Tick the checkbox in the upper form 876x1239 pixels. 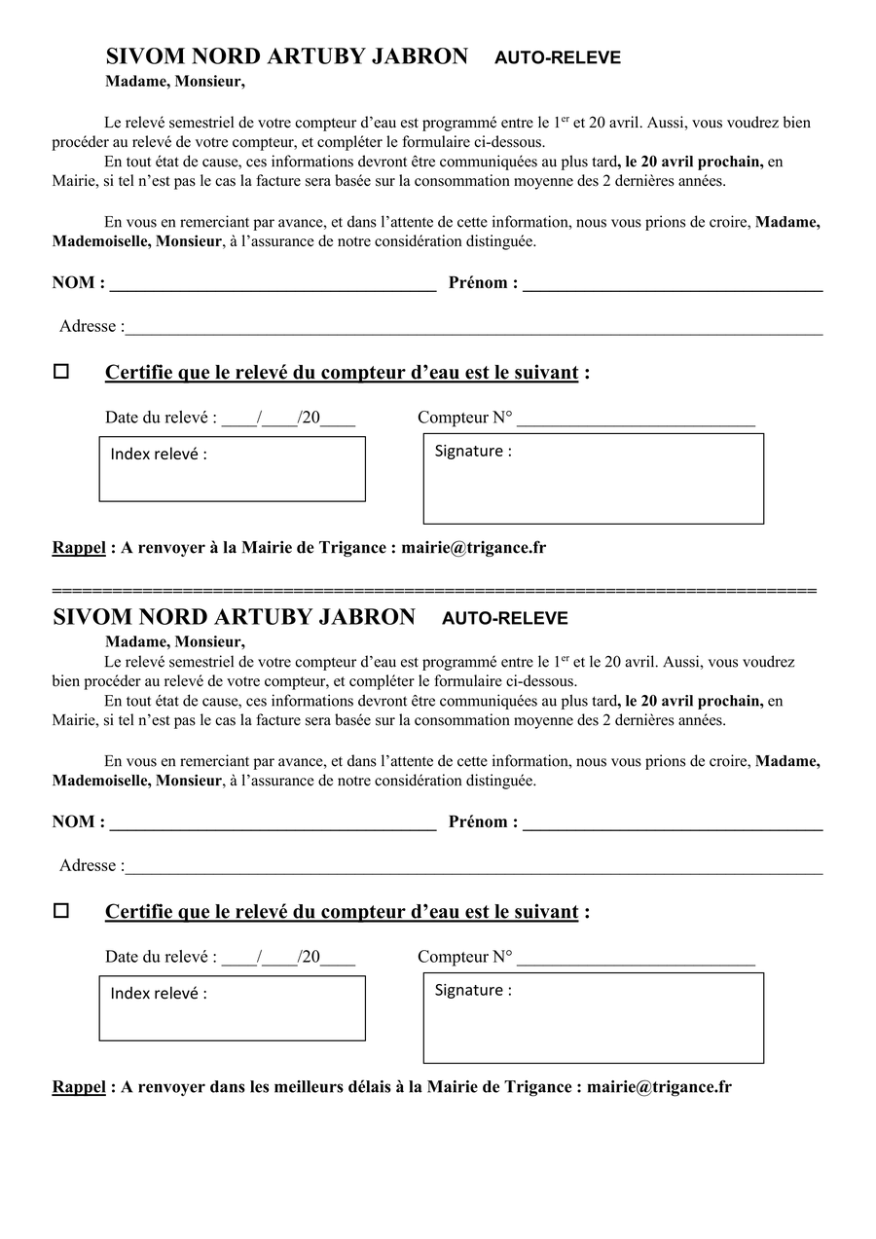(x=61, y=372)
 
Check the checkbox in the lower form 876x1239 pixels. (x=61, y=911)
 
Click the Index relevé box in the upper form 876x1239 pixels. (x=232, y=469)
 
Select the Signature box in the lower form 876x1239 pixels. (x=593, y=1018)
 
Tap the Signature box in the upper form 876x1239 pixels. (x=593, y=479)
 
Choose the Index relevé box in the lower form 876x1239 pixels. (x=232, y=1008)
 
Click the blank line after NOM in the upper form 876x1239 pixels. (x=273, y=286)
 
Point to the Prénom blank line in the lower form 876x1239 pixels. (x=673, y=825)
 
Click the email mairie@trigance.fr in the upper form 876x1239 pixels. (x=473, y=548)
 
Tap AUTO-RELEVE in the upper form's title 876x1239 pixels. (x=557, y=58)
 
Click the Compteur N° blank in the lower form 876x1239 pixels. (x=636, y=961)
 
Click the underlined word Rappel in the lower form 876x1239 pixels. (x=79, y=1087)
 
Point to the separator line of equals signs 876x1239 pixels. (x=434, y=591)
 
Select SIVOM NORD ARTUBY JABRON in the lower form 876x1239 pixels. (x=234, y=617)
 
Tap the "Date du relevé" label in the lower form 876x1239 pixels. (x=161, y=957)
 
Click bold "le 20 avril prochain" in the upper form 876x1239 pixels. (x=693, y=162)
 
